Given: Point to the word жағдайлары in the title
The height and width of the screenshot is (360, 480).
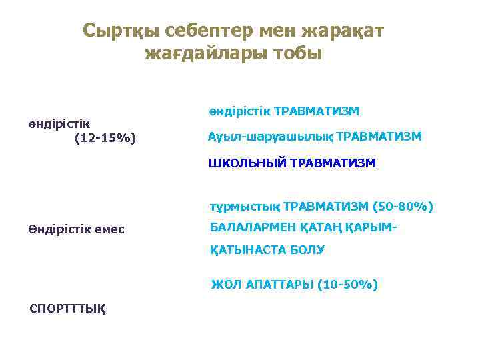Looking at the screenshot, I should pyautogui.click(x=203, y=53).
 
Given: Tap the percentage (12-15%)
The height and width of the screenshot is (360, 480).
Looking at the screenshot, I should pyautogui.click(x=105, y=139).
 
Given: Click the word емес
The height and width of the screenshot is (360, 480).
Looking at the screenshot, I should pyautogui.click(x=114, y=230).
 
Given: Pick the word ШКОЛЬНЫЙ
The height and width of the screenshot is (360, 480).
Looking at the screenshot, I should pyautogui.click(x=248, y=162).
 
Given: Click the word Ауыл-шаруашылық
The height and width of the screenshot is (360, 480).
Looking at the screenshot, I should pyautogui.click(x=271, y=136).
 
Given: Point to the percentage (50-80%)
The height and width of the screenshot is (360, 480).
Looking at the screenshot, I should pyautogui.click(x=403, y=207).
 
